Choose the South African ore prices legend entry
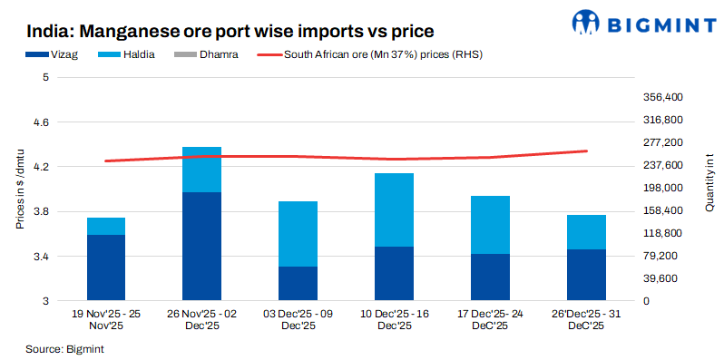(x=381, y=54)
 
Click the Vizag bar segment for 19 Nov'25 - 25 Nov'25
(x=106, y=268)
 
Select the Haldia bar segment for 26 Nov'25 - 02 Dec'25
(x=202, y=170)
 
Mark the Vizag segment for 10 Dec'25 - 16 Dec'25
(x=395, y=273)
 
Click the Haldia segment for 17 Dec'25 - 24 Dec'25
(x=491, y=225)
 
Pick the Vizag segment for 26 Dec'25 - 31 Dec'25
(x=587, y=275)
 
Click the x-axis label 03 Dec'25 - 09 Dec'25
(x=298, y=319)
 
